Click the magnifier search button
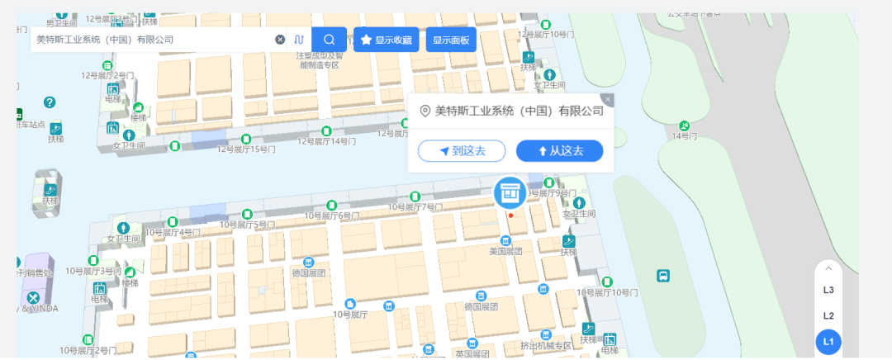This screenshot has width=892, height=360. click(x=329, y=40)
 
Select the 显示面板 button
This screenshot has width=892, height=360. click(x=451, y=40)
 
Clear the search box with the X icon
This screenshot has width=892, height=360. click(x=280, y=40)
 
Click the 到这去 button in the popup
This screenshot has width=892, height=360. click(x=461, y=151)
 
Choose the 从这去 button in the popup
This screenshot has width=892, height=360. click(x=559, y=151)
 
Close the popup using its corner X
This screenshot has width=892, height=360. click(x=608, y=100)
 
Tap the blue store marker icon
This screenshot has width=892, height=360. click(x=510, y=192)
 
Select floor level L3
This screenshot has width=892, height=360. click(x=828, y=290)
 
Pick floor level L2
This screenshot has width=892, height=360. click(x=828, y=315)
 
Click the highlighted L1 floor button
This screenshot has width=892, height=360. click(x=828, y=341)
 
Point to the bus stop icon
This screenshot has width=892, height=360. click(x=662, y=276)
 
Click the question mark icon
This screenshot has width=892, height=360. click(x=50, y=102)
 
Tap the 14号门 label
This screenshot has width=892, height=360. click(x=684, y=135)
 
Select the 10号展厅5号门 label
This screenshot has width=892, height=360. click(x=247, y=225)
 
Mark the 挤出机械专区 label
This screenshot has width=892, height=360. click(x=546, y=346)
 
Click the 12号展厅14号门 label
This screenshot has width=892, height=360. click(x=326, y=141)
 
